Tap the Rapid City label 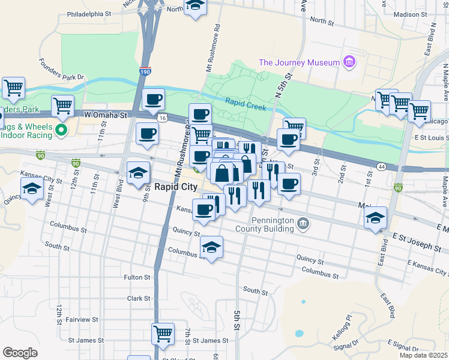click(175, 186)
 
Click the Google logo click(20, 352)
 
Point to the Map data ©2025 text click(423, 355)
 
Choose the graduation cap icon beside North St click(194, 5)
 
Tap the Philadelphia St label click(89, 13)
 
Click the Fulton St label click(137, 277)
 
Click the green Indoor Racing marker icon click(61, 130)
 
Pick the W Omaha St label click(107, 115)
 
